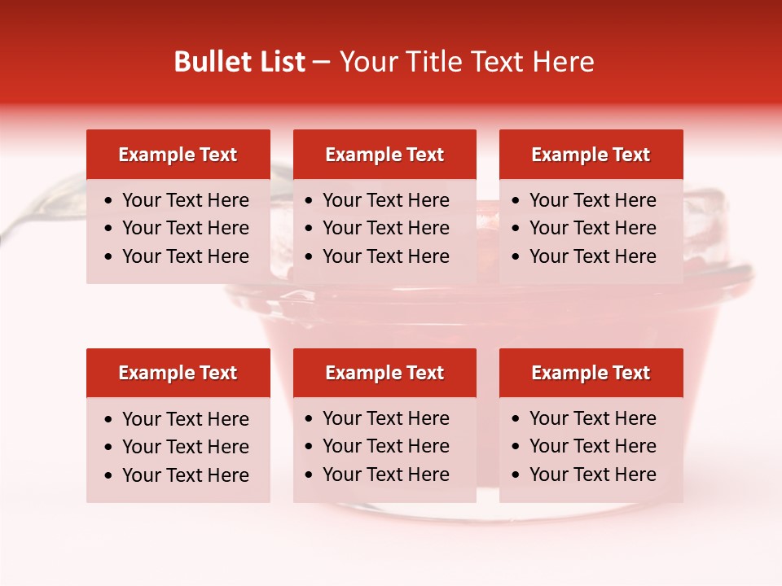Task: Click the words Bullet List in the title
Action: click(239, 62)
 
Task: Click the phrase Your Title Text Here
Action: click(466, 62)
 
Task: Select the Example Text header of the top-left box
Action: click(178, 155)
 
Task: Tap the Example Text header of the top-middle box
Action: click(384, 155)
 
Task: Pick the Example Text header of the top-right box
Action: click(591, 155)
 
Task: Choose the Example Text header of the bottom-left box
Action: click(178, 373)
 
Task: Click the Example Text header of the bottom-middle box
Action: click(384, 373)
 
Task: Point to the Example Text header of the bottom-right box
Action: click(591, 373)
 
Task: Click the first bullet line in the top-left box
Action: click(185, 200)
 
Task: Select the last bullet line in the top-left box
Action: click(185, 256)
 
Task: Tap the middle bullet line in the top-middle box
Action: click(385, 228)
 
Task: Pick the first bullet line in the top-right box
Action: click(592, 200)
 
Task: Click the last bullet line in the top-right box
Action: click(592, 256)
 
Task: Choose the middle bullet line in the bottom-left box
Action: click(185, 447)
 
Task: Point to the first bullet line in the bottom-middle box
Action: click(385, 418)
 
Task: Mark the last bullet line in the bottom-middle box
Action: click(385, 474)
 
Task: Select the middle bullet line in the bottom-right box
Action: click(592, 446)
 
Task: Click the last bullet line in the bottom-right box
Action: click(592, 474)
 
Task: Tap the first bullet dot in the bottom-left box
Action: click(109, 420)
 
